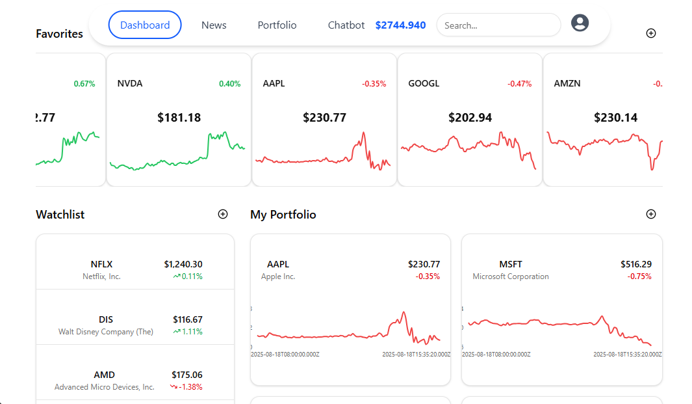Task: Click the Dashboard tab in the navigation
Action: click(x=145, y=25)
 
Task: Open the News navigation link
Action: click(x=214, y=25)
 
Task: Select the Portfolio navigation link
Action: click(x=277, y=25)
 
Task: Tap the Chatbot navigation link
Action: click(x=346, y=25)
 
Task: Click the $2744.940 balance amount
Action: click(x=400, y=25)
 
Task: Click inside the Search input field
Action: click(x=498, y=25)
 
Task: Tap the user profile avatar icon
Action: click(x=580, y=23)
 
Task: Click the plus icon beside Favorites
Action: click(x=651, y=33)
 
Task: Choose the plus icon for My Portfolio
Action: click(x=651, y=214)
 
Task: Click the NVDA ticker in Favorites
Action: click(x=130, y=84)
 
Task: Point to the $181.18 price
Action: click(x=179, y=118)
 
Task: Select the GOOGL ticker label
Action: click(x=424, y=84)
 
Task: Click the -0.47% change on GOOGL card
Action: click(x=519, y=84)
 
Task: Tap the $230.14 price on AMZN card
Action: click(x=615, y=118)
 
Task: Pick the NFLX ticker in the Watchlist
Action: click(x=101, y=264)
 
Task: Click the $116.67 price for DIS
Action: click(x=187, y=319)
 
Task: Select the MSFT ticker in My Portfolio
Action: click(x=511, y=264)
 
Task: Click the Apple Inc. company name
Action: click(x=278, y=276)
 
